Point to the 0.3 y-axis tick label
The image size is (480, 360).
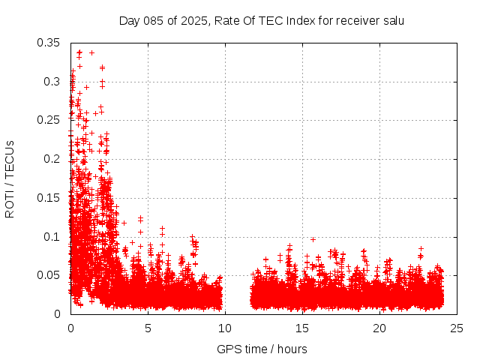52,81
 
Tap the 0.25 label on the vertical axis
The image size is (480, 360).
49,120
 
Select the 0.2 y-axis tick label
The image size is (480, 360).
52,159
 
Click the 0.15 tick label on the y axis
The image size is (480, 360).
49,198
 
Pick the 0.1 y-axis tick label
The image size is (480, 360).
52,236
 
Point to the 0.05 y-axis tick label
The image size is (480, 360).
49,275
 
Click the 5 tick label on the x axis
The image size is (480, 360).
148,328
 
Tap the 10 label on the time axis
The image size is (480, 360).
225,328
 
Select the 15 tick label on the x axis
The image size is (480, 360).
302,328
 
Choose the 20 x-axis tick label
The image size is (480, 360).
379,328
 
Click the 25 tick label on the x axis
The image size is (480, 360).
457,328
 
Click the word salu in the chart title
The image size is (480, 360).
392,20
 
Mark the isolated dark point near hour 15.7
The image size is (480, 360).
313,239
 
